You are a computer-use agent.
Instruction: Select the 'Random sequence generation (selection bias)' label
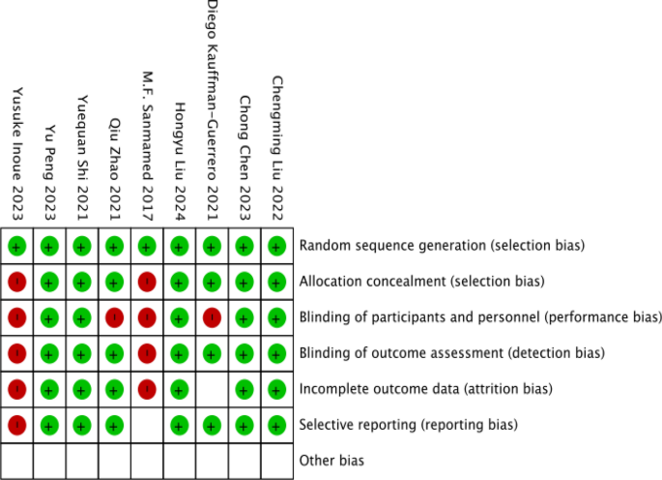pyautogui.click(x=442, y=246)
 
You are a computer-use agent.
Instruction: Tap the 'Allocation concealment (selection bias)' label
pyautogui.click(x=422, y=282)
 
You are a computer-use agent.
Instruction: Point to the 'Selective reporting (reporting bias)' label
pyautogui.click(x=409, y=424)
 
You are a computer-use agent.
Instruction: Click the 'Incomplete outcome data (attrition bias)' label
pyautogui.click(x=425, y=389)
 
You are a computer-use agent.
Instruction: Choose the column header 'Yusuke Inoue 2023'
pyautogui.click(x=16, y=154)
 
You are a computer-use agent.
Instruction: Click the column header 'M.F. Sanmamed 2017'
pyautogui.click(x=147, y=146)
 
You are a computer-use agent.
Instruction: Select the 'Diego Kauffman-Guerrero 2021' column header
pyautogui.click(x=212, y=111)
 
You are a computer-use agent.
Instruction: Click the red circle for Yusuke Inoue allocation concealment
pyautogui.click(x=16, y=283)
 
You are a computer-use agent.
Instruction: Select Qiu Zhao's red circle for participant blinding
pyautogui.click(x=114, y=317)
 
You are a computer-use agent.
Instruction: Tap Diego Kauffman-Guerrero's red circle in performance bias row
pyautogui.click(x=212, y=317)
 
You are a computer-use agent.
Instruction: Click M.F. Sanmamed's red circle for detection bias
pyautogui.click(x=147, y=353)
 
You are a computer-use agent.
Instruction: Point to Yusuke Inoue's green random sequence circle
pyautogui.click(x=16, y=247)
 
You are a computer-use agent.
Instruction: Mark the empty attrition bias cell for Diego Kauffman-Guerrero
pyautogui.click(x=212, y=389)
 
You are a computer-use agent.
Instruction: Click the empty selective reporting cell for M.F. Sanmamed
pyautogui.click(x=147, y=424)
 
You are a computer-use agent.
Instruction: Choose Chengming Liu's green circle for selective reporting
pyautogui.click(x=276, y=424)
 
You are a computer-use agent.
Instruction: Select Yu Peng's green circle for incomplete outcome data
pyautogui.click(x=49, y=389)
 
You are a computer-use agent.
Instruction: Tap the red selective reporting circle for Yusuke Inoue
pyautogui.click(x=16, y=424)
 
